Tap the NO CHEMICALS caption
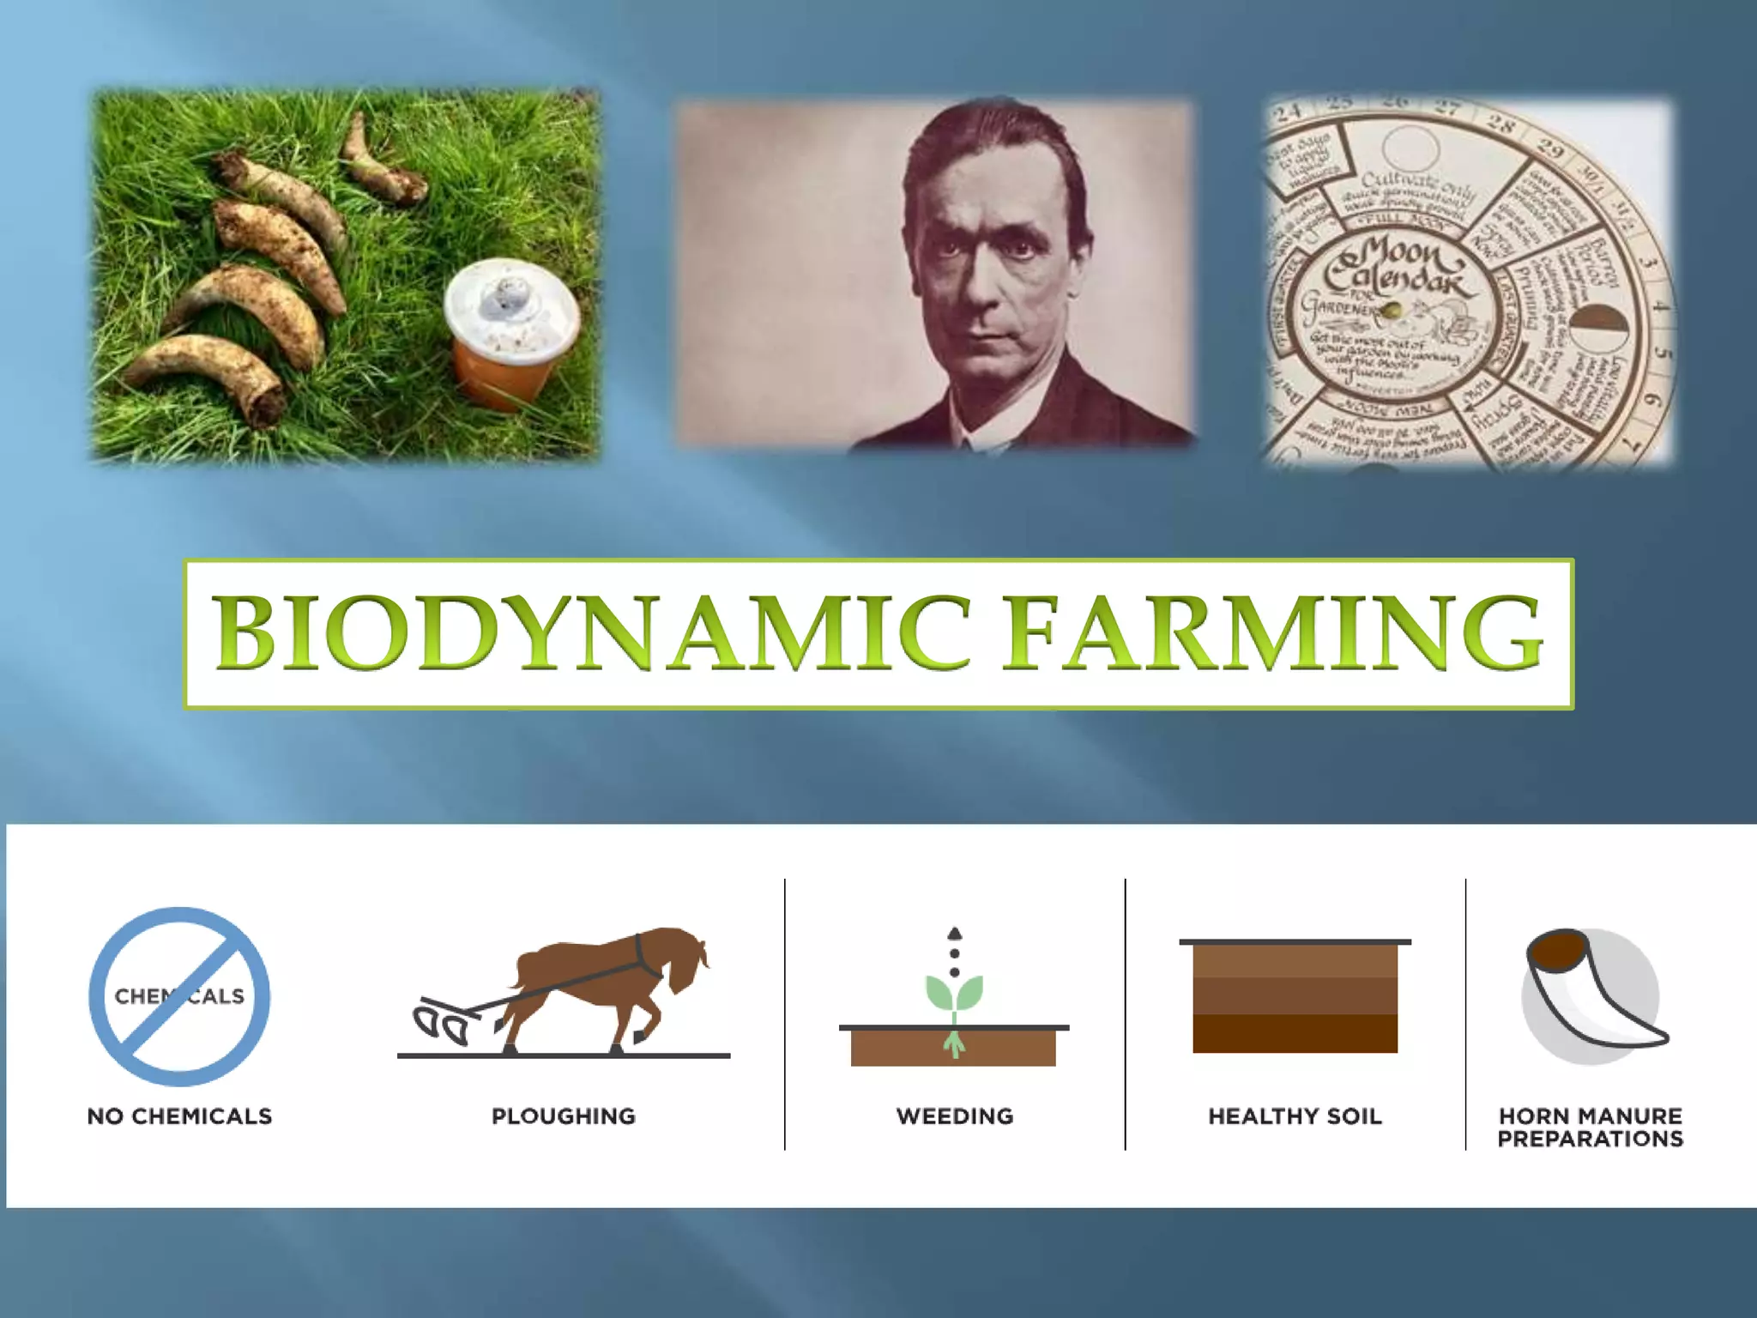point(179,1116)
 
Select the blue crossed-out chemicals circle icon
point(179,996)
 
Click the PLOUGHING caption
point(564,1116)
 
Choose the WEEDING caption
point(955,1116)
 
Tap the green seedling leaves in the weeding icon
point(954,994)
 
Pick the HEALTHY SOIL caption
point(1295,1116)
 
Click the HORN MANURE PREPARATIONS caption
point(1590,1128)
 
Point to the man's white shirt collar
point(987,433)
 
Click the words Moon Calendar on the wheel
point(1398,266)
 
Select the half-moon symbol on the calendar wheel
point(1597,329)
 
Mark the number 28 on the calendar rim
point(1500,124)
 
